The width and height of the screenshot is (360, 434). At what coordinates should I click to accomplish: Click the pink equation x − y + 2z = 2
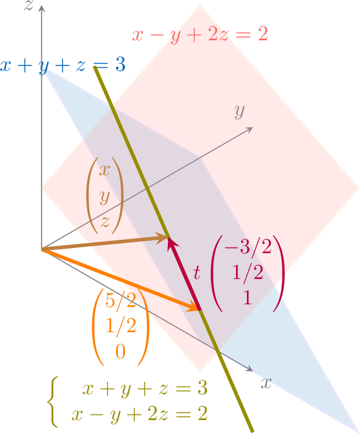pyautogui.click(x=200, y=35)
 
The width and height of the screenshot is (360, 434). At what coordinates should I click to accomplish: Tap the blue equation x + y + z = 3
pyautogui.click(x=62, y=66)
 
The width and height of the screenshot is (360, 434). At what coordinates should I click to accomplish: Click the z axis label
pyautogui.click(x=29, y=6)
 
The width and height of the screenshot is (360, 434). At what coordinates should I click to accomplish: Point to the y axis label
pyautogui.click(x=239, y=111)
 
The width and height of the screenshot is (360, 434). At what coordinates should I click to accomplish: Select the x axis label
pyautogui.click(x=265, y=383)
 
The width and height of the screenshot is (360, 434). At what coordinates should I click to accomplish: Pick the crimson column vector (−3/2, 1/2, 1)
pyautogui.click(x=248, y=273)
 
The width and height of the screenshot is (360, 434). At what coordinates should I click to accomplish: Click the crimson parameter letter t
pyautogui.click(x=196, y=273)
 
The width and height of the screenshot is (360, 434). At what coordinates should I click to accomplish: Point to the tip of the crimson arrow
pyautogui.click(x=169, y=239)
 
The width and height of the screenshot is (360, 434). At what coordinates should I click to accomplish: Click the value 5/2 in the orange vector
pyautogui.click(x=120, y=300)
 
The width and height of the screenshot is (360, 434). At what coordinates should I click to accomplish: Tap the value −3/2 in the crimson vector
pyautogui.click(x=247, y=247)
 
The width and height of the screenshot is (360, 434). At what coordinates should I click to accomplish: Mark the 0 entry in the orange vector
pyautogui.click(x=120, y=352)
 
